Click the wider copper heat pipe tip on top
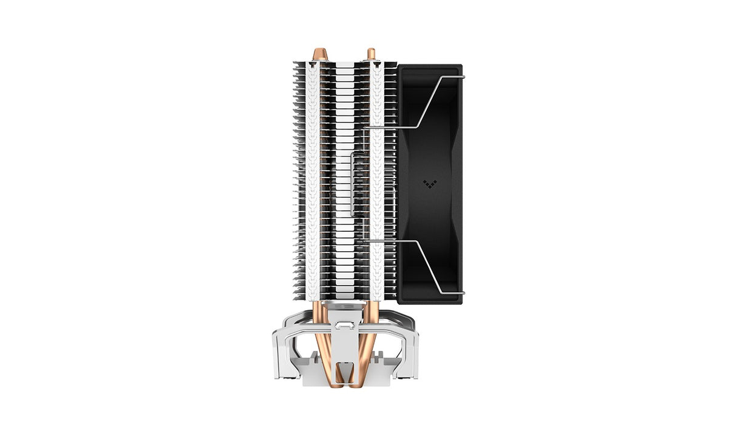[x=319, y=55]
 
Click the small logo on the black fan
[x=429, y=184]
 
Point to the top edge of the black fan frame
[x=430, y=66]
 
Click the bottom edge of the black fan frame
[x=430, y=301]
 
